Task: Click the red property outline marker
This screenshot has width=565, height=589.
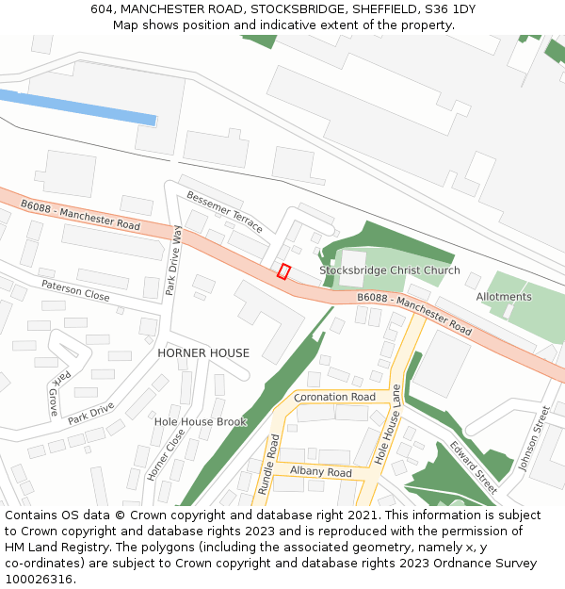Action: (x=283, y=271)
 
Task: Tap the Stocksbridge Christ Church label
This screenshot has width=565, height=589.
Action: (x=389, y=270)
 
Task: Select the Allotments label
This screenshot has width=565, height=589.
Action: (x=504, y=297)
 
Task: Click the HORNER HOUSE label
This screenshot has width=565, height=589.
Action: (x=203, y=353)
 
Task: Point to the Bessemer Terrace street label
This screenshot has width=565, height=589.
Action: (x=225, y=212)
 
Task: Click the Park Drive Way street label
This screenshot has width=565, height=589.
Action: (x=174, y=260)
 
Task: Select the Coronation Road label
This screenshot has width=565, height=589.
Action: (x=335, y=398)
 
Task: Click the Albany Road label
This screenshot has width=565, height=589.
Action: (x=320, y=471)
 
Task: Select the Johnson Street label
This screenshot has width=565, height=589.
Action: (x=533, y=439)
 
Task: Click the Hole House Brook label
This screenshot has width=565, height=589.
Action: (x=200, y=421)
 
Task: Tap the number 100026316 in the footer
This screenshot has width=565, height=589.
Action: (x=39, y=579)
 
